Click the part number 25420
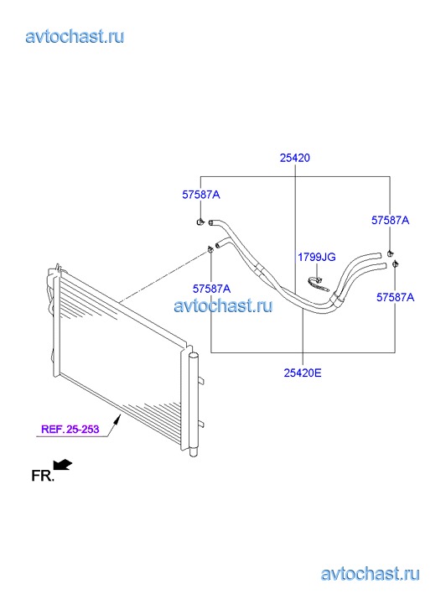point(295,158)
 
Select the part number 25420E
point(303,373)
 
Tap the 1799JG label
point(317,257)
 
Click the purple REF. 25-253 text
point(70,429)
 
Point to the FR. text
point(43,476)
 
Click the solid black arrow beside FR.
point(62,465)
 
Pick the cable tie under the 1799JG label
point(319,284)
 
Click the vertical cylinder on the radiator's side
point(194,404)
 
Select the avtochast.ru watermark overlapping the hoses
point(223,305)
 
